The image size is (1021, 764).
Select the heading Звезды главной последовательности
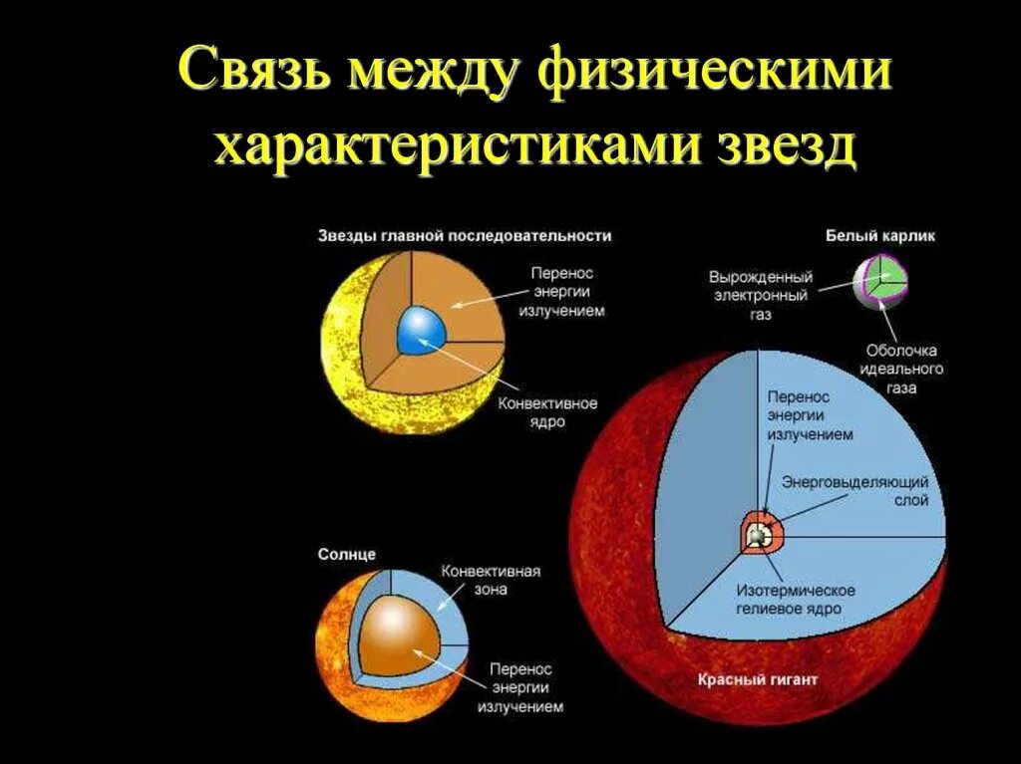click(465, 236)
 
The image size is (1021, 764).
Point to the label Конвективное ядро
click(547, 412)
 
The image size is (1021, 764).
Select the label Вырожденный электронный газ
click(761, 294)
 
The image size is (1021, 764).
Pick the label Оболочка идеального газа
click(903, 369)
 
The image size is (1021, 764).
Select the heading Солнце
click(346, 554)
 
